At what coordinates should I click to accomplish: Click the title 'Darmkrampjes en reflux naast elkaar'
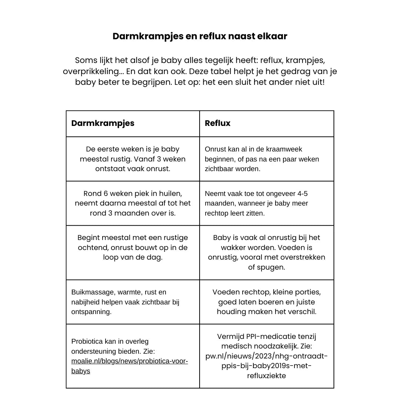click(200, 36)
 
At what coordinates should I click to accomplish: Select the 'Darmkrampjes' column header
click(103, 123)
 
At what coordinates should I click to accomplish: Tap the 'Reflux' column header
click(217, 123)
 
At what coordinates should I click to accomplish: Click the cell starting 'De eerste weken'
click(133, 159)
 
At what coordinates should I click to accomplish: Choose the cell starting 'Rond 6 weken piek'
click(133, 203)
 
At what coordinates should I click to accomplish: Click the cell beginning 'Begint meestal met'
click(133, 247)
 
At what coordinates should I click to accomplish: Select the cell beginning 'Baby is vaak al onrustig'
click(266, 252)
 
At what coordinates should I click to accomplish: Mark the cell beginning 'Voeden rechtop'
click(266, 302)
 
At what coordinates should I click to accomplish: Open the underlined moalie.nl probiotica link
click(129, 361)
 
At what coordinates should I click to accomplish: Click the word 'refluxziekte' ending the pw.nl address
click(266, 376)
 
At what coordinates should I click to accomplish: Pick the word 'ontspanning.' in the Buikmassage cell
click(91, 312)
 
